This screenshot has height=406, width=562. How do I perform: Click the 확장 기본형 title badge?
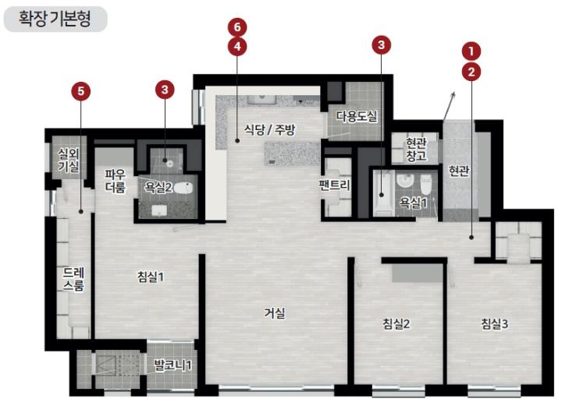pyautogui.click(x=55, y=19)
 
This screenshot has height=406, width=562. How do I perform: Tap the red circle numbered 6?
pyautogui.click(x=237, y=27)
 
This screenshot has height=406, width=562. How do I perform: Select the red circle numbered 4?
pyautogui.click(x=237, y=47)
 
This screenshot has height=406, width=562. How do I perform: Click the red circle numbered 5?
pyautogui.click(x=80, y=91)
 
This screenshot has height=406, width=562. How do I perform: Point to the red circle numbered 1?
pyautogui.click(x=471, y=51)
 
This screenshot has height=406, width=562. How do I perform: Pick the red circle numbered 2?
pyautogui.click(x=471, y=72)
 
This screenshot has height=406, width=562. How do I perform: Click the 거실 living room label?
pyautogui.click(x=275, y=313)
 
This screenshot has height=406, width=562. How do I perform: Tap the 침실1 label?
pyautogui.click(x=151, y=277)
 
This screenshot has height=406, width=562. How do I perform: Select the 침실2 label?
pyautogui.click(x=396, y=323)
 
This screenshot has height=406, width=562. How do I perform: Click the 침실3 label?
pyautogui.click(x=494, y=323)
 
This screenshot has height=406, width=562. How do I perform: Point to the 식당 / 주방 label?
pyautogui.click(x=270, y=129)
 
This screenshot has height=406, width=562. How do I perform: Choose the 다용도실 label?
pyautogui.click(x=357, y=116)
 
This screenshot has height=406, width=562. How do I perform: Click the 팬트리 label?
pyautogui.click(x=334, y=185)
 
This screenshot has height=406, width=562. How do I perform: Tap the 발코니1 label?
pyautogui.click(x=173, y=365)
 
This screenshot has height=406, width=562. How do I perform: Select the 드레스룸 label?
pyautogui.click(x=74, y=280)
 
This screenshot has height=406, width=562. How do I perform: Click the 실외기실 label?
pyautogui.click(x=69, y=161)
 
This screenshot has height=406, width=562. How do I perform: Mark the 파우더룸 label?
pyautogui.click(x=116, y=181)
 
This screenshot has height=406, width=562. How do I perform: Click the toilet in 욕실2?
pyautogui.click(x=185, y=188)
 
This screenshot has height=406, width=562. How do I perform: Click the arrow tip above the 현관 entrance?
pyautogui.click(x=455, y=92)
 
